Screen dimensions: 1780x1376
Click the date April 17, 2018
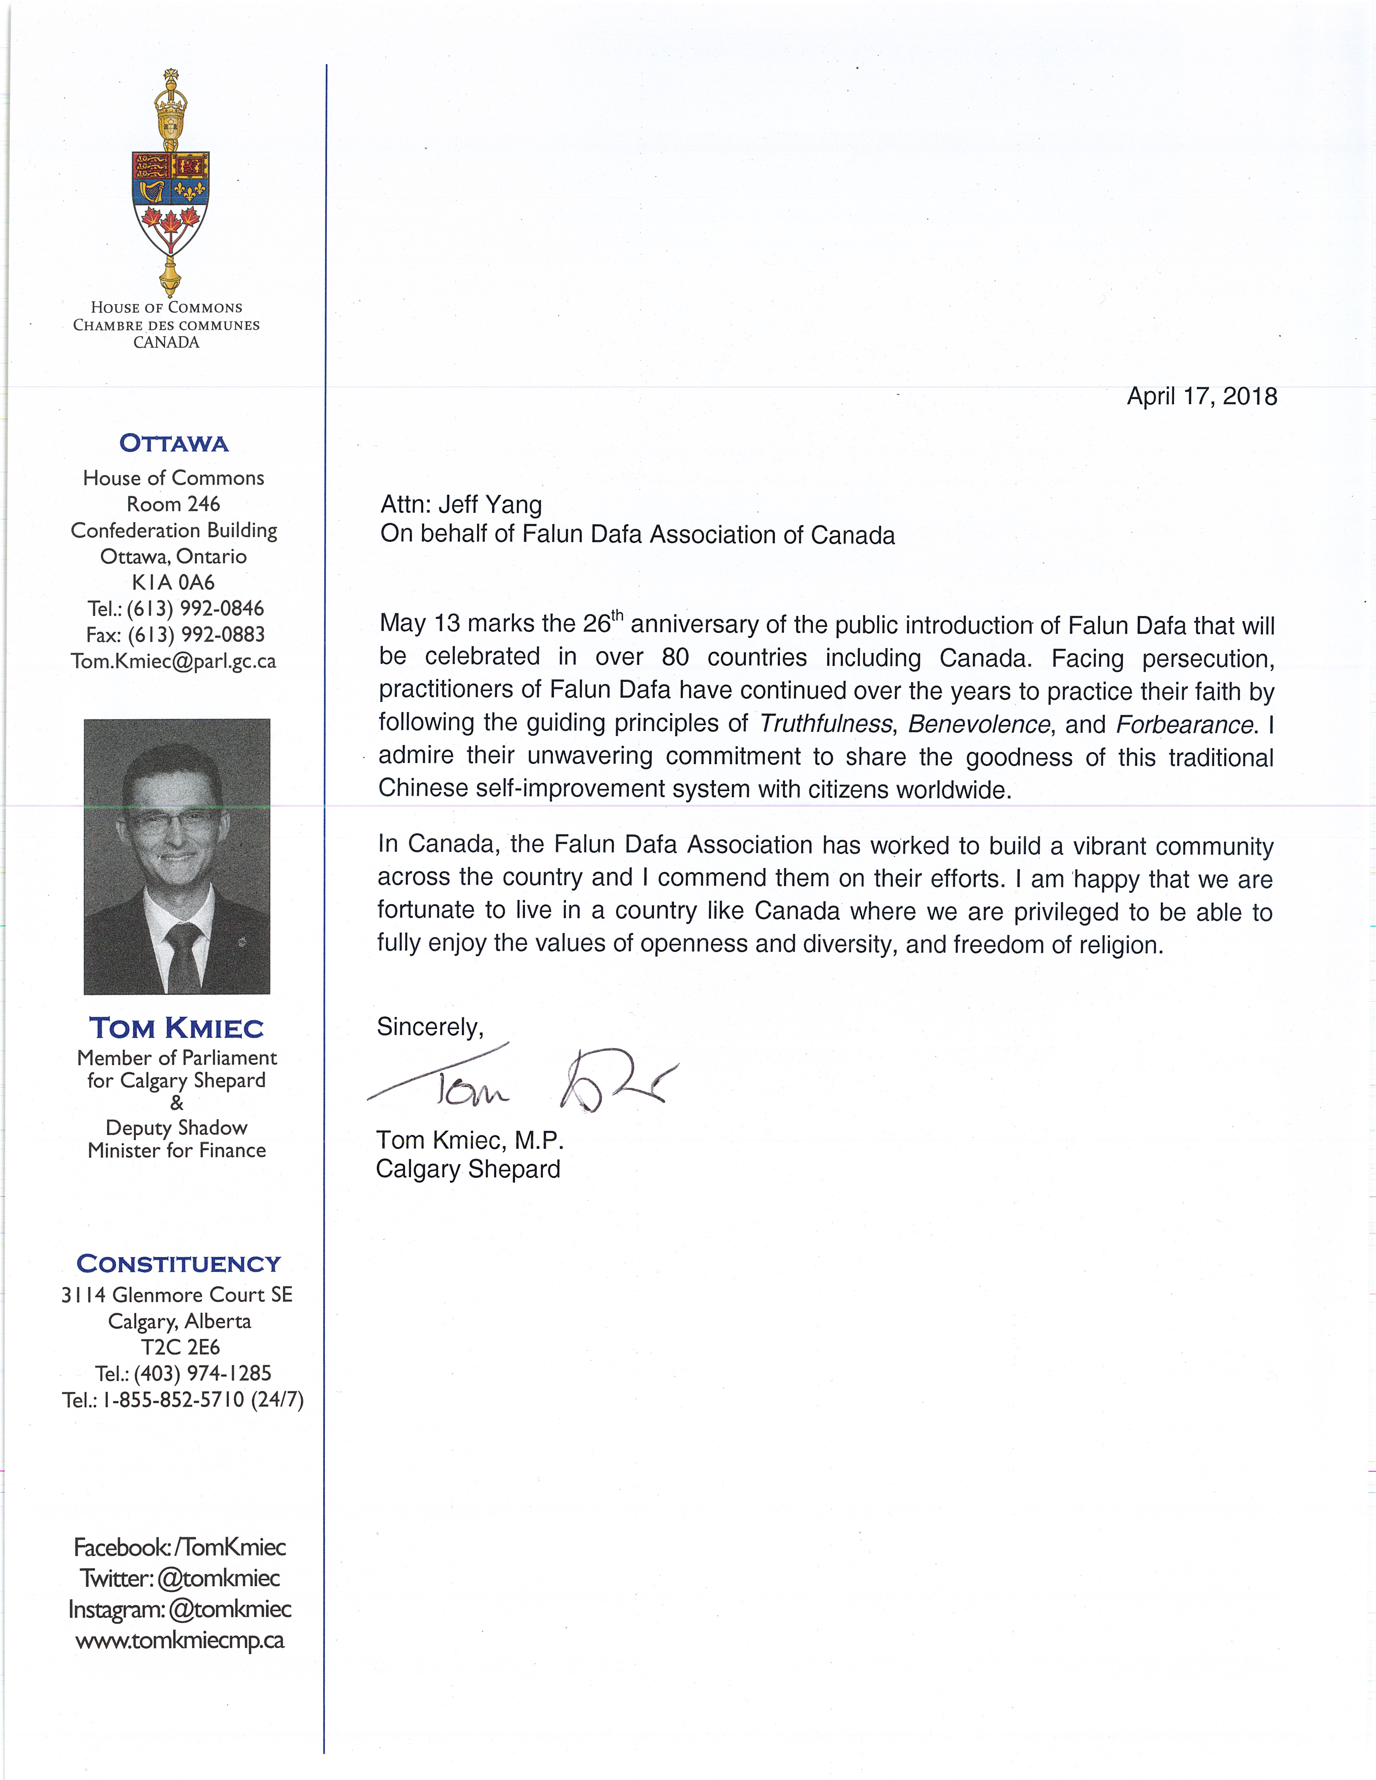1202,397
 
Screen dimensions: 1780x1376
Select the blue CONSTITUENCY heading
178,1264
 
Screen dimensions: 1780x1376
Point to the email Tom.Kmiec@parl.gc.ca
174,661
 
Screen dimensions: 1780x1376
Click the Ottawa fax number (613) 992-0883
196,635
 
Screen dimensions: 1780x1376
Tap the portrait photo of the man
177,856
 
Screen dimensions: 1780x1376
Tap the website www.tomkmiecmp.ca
180,1641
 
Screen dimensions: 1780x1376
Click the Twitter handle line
180,1579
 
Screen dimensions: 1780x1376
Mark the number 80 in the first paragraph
675,657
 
